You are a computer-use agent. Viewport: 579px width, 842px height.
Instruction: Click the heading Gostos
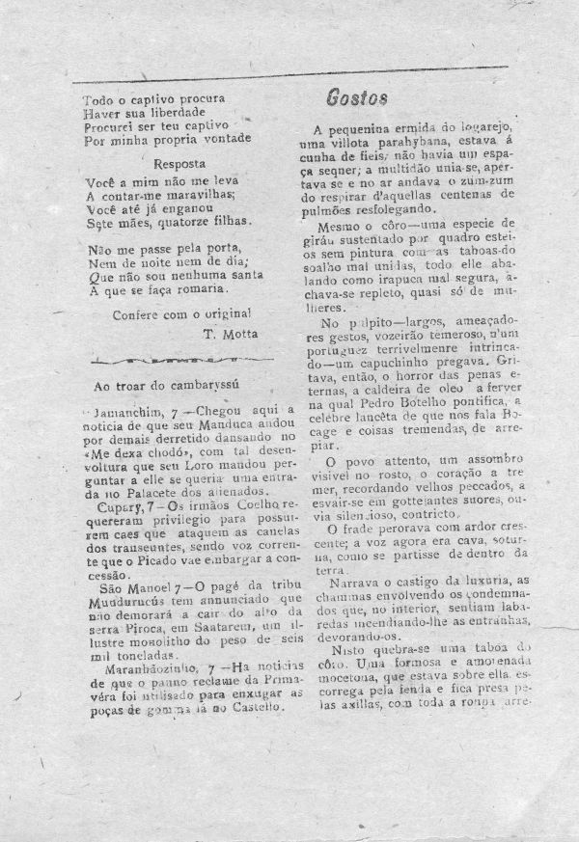[357, 97]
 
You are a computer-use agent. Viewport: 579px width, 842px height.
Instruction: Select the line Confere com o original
[182, 313]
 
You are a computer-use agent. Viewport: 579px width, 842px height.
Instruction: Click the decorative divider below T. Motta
[182, 360]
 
